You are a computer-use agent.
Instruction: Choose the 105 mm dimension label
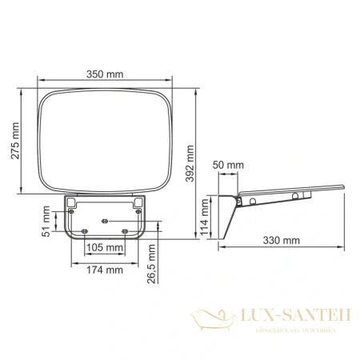click(104, 247)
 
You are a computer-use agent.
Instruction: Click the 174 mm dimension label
click(104, 270)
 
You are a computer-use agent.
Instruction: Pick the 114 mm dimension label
click(205, 214)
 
